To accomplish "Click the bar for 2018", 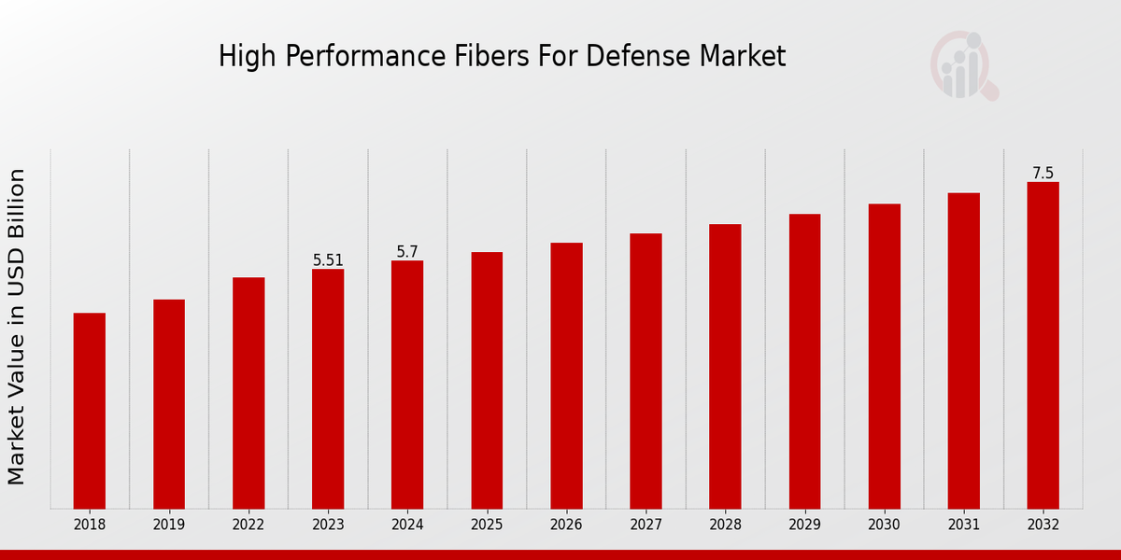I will [90, 411].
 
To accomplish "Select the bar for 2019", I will [169, 404].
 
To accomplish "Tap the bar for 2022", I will [248, 393].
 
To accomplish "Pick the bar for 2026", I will [566, 375].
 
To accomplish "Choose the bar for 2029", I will [804, 361].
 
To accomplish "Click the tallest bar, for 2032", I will [1043, 345].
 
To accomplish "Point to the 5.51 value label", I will [328, 260].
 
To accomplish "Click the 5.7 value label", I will [407, 252].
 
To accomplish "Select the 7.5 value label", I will [1043, 174].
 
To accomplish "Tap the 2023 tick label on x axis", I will [328, 525].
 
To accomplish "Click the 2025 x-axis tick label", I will [487, 525].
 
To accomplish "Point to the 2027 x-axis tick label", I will [646, 525].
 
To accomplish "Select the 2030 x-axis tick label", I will [884, 525].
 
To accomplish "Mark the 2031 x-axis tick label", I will [963, 525].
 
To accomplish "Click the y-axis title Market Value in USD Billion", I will [17, 327].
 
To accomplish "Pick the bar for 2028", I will [725, 366].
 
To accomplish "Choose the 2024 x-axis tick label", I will [407, 525].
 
